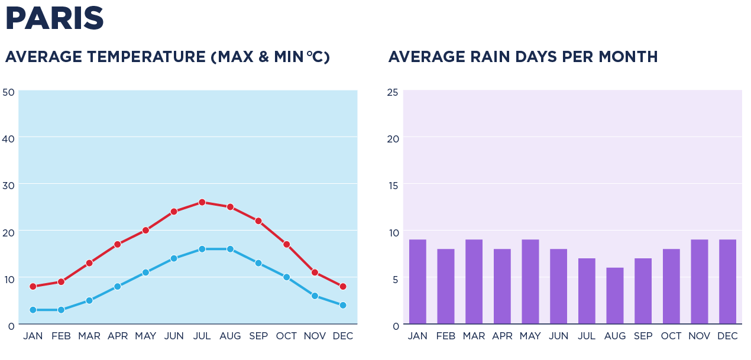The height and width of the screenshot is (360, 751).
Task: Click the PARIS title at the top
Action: [54, 18]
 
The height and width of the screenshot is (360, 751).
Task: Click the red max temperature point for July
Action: [202, 202]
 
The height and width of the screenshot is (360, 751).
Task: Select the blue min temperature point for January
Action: [33, 310]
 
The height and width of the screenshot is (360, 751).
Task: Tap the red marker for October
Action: [287, 244]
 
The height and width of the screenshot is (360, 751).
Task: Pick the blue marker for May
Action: [145, 273]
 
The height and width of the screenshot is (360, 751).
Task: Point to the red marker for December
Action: [343, 287]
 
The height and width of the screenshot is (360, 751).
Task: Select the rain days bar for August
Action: [615, 296]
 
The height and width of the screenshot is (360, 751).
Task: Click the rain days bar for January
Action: [417, 282]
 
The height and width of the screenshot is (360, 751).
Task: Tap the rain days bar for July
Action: [587, 291]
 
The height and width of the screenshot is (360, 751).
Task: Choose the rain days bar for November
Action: [700, 282]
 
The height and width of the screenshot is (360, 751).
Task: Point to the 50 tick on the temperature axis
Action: [8, 92]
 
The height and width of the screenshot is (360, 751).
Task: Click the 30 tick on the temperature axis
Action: [8, 185]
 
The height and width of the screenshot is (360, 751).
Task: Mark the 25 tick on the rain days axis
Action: [393, 92]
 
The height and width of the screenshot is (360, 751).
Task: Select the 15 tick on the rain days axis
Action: [393, 185]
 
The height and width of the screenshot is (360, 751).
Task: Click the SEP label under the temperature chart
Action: [258, 336]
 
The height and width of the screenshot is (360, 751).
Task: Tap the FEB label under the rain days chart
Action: [446, 336]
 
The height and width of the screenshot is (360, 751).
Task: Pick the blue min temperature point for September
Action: [258, 263]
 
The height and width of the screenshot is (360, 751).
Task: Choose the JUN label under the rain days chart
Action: [559, 336]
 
